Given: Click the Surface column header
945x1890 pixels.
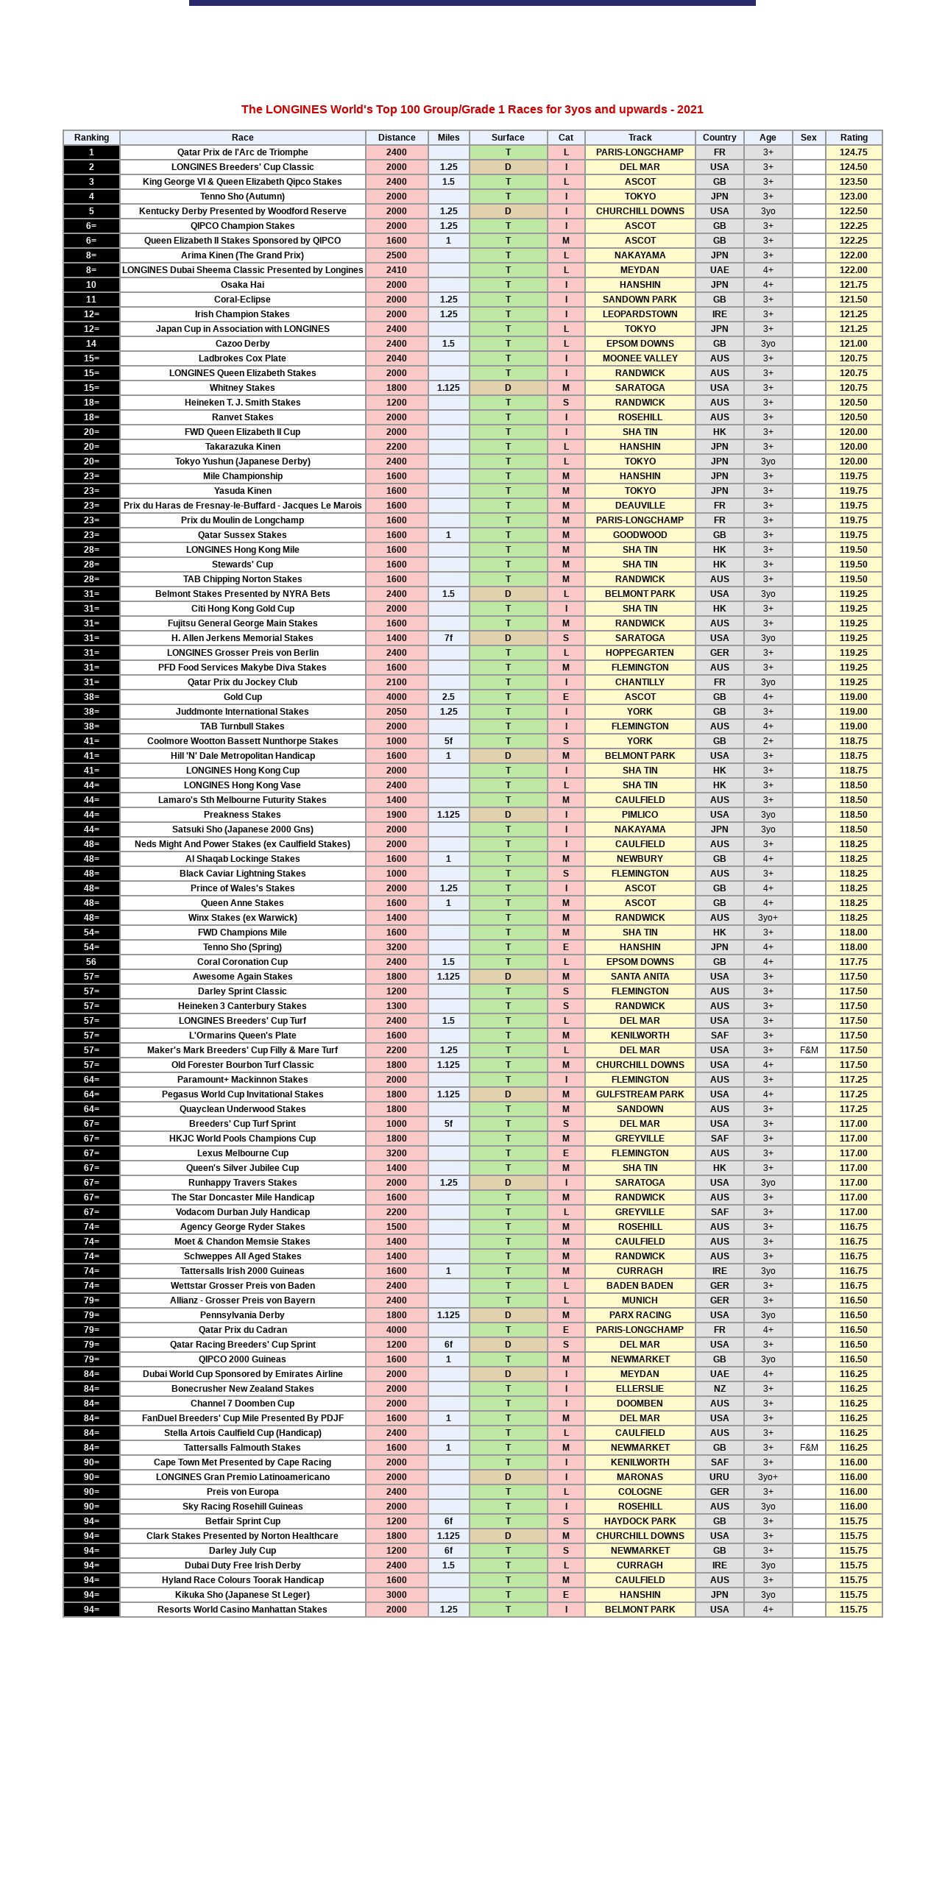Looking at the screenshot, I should click(508, 138).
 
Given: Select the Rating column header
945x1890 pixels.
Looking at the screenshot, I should click(854, 138).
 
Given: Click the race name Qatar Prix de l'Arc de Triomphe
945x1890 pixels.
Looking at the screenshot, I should click(242, 152).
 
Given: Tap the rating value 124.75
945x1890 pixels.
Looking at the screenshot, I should click(854, 152).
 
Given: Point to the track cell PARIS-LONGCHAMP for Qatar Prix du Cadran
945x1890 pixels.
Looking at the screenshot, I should click(640, 1330).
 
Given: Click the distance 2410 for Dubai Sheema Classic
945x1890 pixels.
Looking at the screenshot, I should click(396, 270).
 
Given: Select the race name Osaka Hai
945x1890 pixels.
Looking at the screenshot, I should click(242, 285).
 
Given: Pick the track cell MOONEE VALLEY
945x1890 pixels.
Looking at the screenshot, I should click(640, 358).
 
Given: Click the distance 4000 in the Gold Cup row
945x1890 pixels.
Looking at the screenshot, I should click(396, 697).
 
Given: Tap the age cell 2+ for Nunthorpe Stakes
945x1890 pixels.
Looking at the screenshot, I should click(768, 741).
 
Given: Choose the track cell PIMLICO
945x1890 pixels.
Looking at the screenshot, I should click(640, 815).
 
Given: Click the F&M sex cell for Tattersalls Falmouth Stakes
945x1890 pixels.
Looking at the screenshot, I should click(809, 1448).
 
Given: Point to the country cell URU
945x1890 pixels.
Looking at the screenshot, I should click(719, 1477).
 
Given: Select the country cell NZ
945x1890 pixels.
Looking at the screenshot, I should click(719, 1389).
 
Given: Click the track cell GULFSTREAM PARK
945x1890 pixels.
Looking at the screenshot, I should click(640, 1094).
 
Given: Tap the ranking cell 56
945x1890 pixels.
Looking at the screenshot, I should click(91, 962).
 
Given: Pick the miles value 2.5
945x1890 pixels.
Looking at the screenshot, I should click(448, 697).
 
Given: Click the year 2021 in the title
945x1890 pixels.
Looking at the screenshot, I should click(690, 110).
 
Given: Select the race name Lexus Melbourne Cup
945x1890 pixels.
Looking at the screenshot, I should click(242, 1153).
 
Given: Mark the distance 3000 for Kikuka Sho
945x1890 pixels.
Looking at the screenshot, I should click(396, 1595).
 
